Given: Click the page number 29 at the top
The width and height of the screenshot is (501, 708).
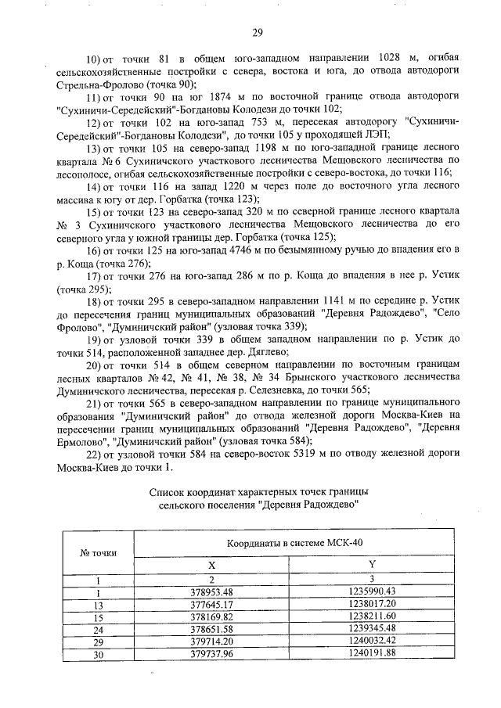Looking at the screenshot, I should coord(256,32).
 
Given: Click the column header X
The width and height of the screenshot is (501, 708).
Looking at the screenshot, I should coord(211,565).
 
